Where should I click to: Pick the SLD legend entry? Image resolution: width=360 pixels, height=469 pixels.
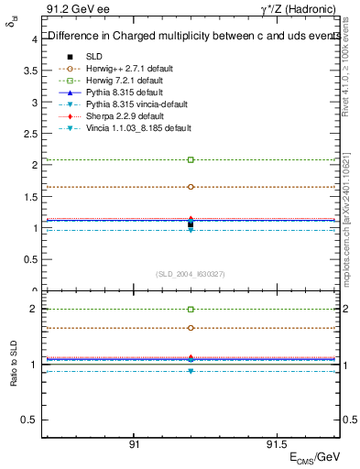94,56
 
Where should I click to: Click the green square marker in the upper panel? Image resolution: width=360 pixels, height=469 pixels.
191,159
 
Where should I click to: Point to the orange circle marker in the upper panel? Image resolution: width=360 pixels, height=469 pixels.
191,187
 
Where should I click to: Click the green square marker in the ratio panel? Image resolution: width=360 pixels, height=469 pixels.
191,310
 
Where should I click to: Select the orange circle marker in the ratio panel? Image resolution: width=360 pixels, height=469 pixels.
191,328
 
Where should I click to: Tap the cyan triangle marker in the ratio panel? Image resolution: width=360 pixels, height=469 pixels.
191,371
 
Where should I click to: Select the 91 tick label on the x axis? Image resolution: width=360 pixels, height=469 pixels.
134,445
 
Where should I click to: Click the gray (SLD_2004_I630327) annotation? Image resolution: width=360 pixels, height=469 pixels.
191,274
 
